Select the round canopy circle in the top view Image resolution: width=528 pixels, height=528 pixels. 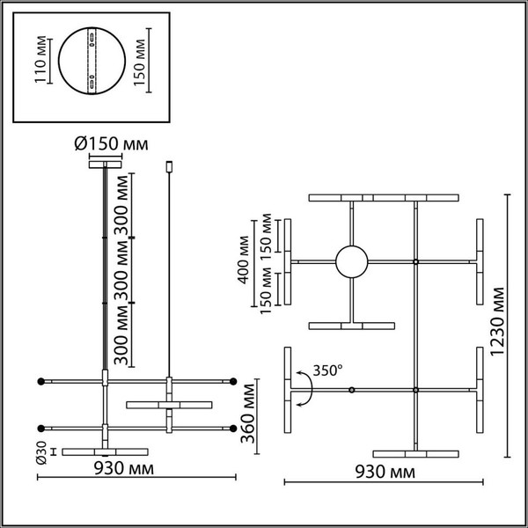tap(352, 262)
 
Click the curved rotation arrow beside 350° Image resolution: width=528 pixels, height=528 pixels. tap(304, 388)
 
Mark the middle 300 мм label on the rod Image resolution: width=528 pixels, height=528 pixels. tap(132, 274)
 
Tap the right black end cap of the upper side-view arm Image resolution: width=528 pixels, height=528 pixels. tap(235, 381)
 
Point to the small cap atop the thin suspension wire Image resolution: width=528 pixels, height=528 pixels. tap(169, 165)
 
